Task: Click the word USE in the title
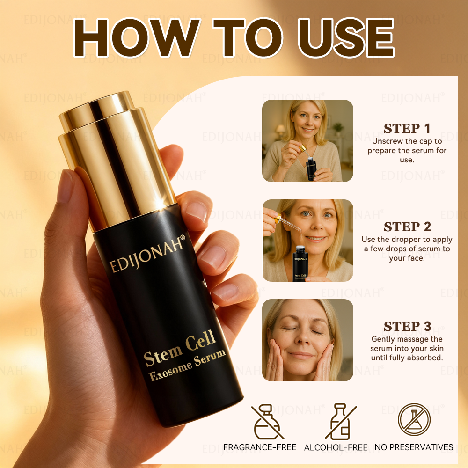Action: pyautogui.click(x=346, y=37)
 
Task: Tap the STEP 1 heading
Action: pyautogui.click(x=407, y=129)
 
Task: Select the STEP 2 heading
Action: pyautogui.click(x=407, y=227)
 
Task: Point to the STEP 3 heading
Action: pyautogui.click(x=407, y=326)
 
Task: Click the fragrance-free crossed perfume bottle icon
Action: pyautogui.click(x=267, y=422)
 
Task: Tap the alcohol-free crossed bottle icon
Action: pyautogui.click(x=341, y=422)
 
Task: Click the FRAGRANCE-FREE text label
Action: pyautogui.click(x=260, y=447)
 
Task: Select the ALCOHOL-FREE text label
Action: pyautogui.click(x=336, y=447)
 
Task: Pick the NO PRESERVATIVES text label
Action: pyautogui.click(x=414, y=447)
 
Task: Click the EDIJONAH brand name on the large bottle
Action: pyautogui.click(x=147, y=254)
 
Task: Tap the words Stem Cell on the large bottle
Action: pyautogui.click(x=180, y=348)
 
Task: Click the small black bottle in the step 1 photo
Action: pyautogui.click(x=311, y=169)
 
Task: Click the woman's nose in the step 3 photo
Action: pyautogui.click(x=304, y=338)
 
